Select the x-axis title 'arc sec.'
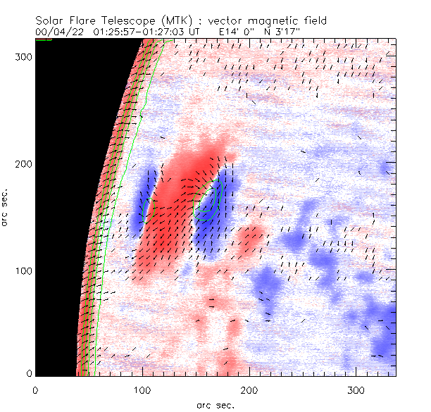pos(216,404)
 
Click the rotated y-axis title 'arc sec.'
pos(6,208)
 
